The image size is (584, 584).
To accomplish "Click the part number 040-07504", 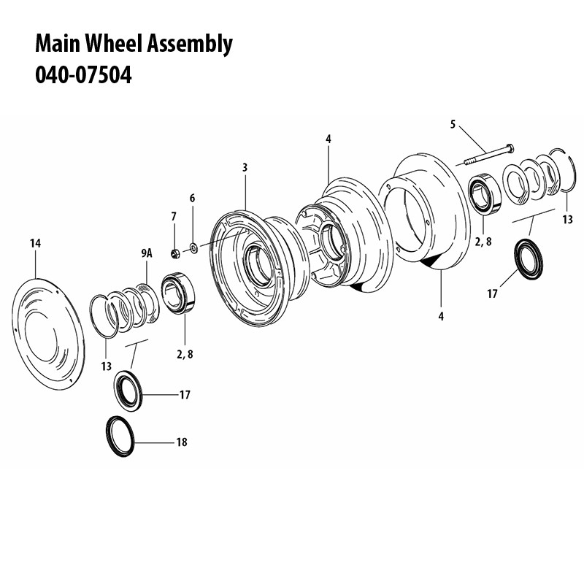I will pyautogui.click(x=83, y=75).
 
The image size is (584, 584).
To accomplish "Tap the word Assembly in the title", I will pyautogui.click(x=190, y=44).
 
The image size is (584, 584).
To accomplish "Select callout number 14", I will pyautogui.click(x=34, y=243).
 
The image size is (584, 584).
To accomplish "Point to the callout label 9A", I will pyautogui.click(x=145, y=253).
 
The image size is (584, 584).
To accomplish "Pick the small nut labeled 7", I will pyautogui.click(x=175, y=253).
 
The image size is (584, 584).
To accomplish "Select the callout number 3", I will pyautogui.click(x=245, y=168).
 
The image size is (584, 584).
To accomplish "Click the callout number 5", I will pyautogui.click(x=453, y=125).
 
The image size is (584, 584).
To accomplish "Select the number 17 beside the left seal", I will pyautogui.click(x=184, y=395).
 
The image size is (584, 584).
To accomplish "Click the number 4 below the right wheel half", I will pyautogui.click(x=442, y=316).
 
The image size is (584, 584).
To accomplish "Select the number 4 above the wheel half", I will pyautogui.click(x=328, y=138).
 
